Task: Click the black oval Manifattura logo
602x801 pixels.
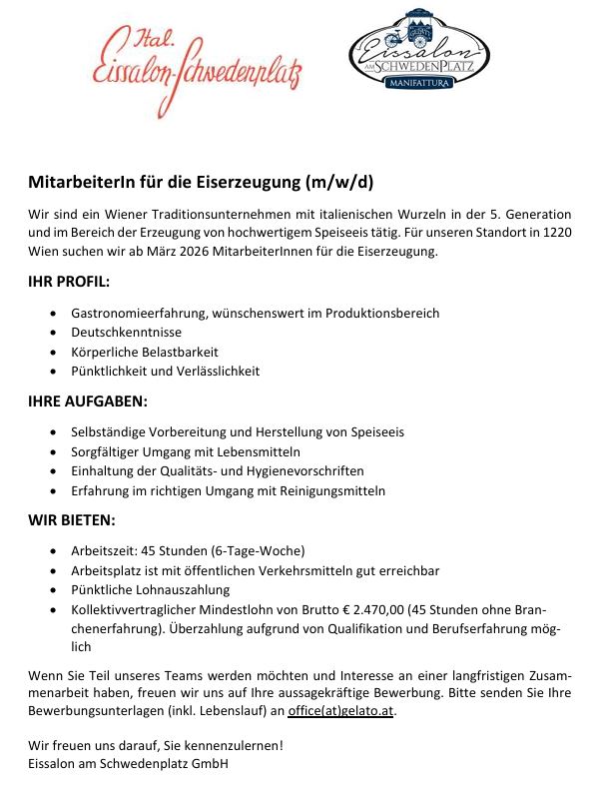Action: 419,51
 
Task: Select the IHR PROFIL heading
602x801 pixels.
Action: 69,282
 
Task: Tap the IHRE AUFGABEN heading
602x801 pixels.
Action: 88,400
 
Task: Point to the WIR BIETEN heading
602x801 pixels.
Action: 72,519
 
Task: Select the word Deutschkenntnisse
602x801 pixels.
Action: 126,332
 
